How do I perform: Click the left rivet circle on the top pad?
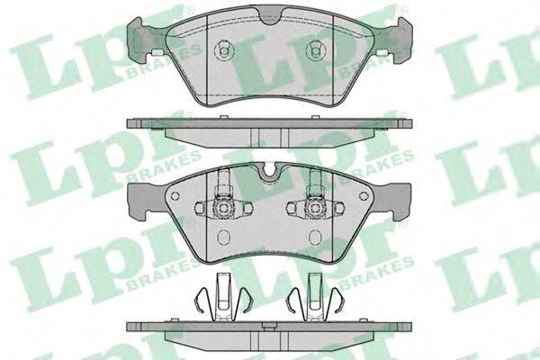pos(224,50)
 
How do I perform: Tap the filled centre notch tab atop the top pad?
pos(270,16)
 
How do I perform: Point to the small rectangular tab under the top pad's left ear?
pos(157,52)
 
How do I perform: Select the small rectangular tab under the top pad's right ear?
pos(382,52)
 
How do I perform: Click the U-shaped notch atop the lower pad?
pos(270,173)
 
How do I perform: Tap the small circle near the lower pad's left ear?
pos(175,196)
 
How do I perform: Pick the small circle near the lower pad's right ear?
pos(364,196)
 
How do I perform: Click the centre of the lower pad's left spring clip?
pos(224,208)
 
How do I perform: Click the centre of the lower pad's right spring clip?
pos(315,208)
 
